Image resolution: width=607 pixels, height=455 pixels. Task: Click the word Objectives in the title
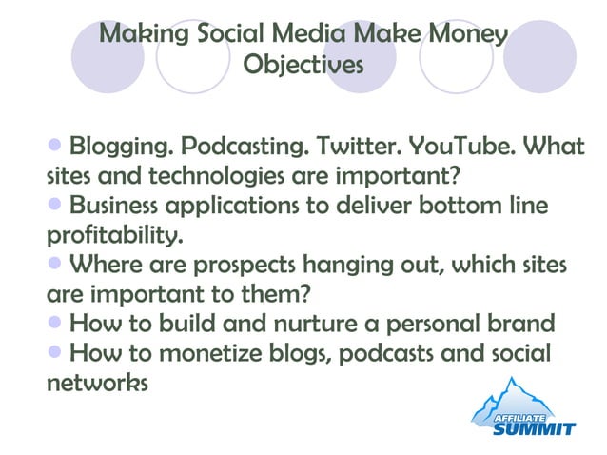[x=303, y=65]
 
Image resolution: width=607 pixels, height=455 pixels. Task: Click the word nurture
[x=312, y=324]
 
